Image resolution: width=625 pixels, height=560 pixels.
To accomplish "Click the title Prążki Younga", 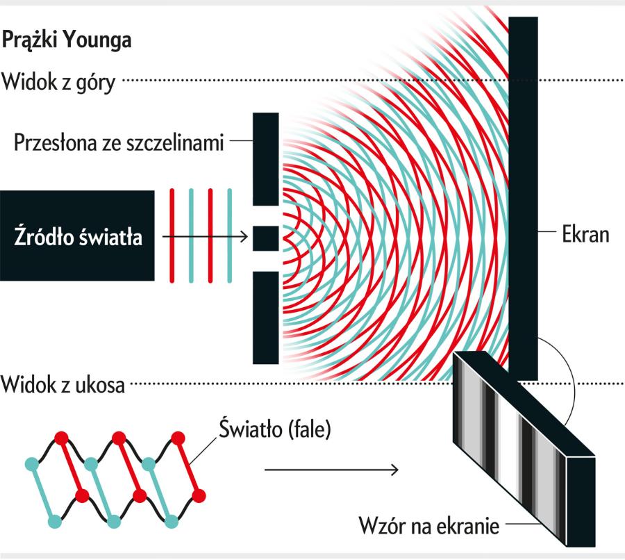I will [67, 40].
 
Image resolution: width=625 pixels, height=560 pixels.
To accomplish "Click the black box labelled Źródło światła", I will [77, 236].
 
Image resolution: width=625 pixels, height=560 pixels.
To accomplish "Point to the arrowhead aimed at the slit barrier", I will [244, 237].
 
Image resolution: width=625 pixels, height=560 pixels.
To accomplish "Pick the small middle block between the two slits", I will [265, 238].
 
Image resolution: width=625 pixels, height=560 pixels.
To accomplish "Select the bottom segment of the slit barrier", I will [265, 317].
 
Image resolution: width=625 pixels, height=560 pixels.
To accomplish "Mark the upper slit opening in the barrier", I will [265, 215].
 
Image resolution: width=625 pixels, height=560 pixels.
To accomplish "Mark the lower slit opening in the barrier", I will [265, 261].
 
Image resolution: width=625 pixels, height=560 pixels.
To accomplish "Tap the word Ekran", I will [585, 233].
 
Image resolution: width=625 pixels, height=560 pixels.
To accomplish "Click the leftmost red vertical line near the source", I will [172, 236].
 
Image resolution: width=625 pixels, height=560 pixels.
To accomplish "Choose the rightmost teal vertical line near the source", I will [229, 236].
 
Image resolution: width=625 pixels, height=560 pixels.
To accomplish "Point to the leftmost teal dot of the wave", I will [31, 463].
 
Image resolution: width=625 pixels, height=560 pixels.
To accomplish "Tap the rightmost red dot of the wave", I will [199, 495].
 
